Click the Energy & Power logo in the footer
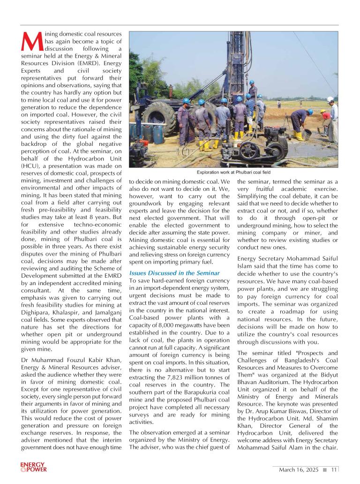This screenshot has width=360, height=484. tap(33, 467)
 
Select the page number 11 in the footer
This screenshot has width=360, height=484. tap(334, 469)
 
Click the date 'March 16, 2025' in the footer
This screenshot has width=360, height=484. tap(299, 469)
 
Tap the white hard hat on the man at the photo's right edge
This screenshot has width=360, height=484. tap(330, 99)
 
